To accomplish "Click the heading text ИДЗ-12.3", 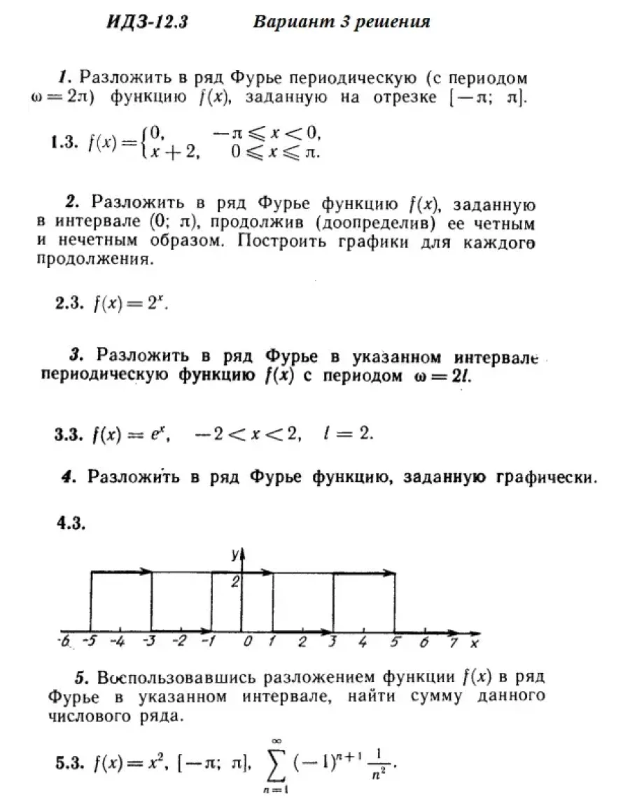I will pyautogui.click(x=148, y=22).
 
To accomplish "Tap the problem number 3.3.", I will pyautogui.click(x=70, y=434).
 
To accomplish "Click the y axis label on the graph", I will pyautogui.click(x=235, y=554).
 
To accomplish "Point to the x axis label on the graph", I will pyautogui.click(x=475, y=642).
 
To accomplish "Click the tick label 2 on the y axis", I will pyautogui.click(x=236, y=581).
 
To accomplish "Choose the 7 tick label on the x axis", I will pyautogui.click(x=454, y=642).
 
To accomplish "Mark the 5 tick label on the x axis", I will pyautogui.click(x=395, y=642).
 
